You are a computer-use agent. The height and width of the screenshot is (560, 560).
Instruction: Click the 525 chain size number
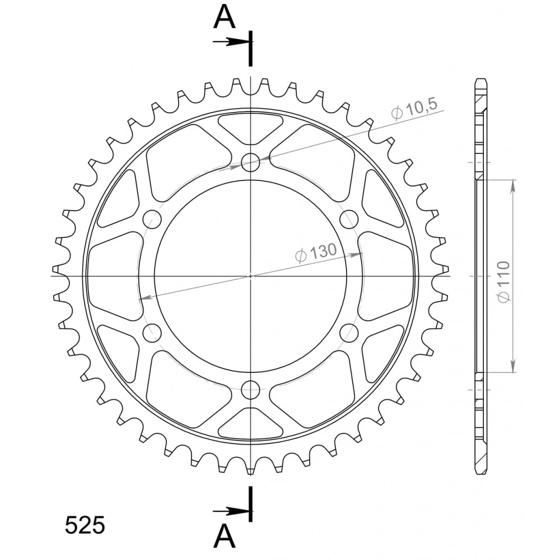(x=85, y=525)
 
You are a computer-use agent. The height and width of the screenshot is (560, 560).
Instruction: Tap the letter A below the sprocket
(x=225, y=535)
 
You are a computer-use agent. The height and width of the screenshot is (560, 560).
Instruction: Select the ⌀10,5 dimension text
(x=414, y=109)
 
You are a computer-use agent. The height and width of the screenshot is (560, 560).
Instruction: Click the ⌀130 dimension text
(x=316, y=253)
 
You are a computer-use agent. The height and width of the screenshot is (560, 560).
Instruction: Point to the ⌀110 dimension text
(x=504, y=282)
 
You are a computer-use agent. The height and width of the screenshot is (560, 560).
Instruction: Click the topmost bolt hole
(x=250, y=162)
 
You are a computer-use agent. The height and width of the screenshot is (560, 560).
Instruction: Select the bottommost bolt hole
(x=250, y=389)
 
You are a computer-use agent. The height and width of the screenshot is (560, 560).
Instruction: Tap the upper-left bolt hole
(x=152, y=220)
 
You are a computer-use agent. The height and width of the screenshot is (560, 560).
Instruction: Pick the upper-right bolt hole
(x=349, y=220)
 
